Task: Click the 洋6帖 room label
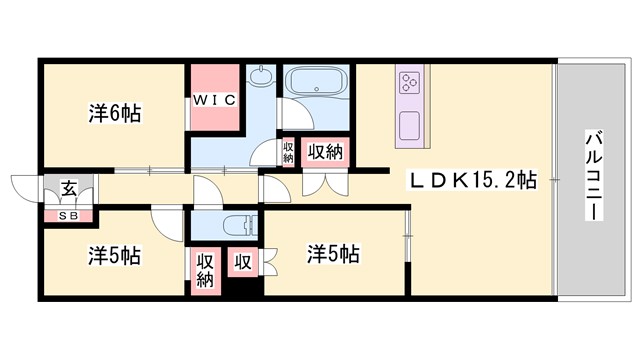[x=114, y=114]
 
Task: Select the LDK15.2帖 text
[x=471, y=180]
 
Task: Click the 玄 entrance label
[x=68, y=187]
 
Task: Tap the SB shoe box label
[x=68, y=214]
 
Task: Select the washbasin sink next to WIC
[x=262, y=79]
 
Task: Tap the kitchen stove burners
[x=410, y=84]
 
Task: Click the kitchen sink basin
[x=410, y=125]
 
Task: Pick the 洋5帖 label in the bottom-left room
[x=114, y=255]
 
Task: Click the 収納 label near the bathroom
[x=326, y=153]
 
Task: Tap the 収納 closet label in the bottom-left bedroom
[x=205, y=269]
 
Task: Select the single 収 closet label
[x=242, y=262]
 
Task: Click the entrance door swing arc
[x=25, y=189]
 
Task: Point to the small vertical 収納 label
[x=288, y=153]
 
